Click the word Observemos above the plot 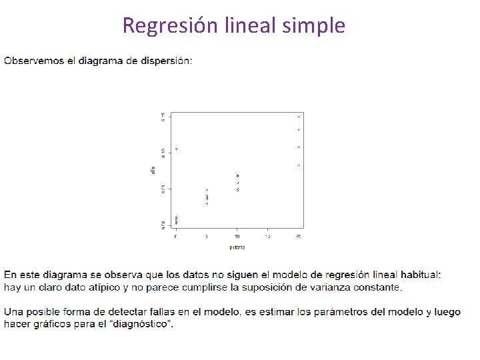click(x=33, y=61)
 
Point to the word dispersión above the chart click(x=167, y=61)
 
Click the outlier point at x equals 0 click(x=177, y=148)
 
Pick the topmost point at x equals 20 click(x=299, y=117)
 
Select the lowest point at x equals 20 click(x=299, y=165)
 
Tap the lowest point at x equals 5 click(x=207, y=203)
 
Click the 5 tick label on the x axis click(x=207, y=237)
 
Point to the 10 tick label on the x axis click(x=237, y=237)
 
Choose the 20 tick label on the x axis click(x=298, y=237)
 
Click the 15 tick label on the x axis click(x=268, y=237)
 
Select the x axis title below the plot click(x=237, y=247)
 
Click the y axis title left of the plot click(x=153, y=171)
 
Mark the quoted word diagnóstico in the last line click(x=143, y=324)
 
